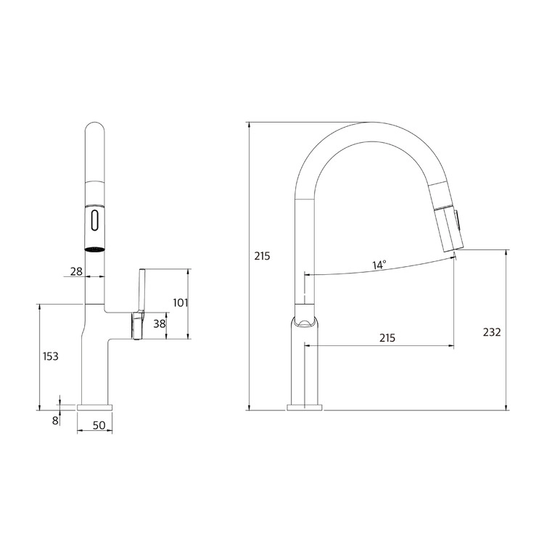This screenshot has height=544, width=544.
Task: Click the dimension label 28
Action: pos(76,271)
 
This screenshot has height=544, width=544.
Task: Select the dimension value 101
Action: pos(181,303)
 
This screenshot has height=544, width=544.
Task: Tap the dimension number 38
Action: pos(160,323)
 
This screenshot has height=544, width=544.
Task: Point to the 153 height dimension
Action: pos(51,356)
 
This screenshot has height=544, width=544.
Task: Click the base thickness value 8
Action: pos(55,421)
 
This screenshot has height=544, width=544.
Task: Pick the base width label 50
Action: pos(99,425)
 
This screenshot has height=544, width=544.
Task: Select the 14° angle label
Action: pos(379,265)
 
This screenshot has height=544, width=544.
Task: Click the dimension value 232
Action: pos(492,332)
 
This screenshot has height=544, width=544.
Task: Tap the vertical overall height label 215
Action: pos(262,256)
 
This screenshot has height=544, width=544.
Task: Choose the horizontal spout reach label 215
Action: pos(387,338)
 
